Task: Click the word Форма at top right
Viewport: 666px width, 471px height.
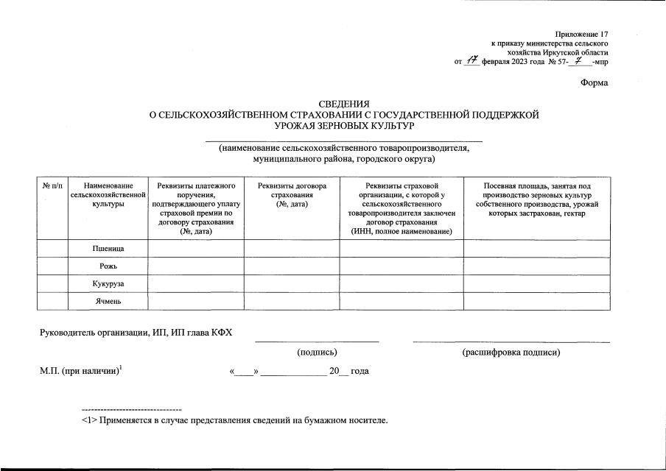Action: click(x=594, y=83)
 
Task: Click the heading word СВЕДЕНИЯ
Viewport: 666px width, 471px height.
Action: click(x=344, y=104)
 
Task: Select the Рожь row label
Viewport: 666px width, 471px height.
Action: click(x=108, y=266)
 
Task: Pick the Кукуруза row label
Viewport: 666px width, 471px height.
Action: click(x=108, y=284)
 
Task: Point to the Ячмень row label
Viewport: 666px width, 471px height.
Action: click(x=108, y=301)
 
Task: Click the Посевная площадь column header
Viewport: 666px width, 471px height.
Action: click(x=536, y=199)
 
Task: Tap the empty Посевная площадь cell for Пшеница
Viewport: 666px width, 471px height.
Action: click(x=536, y=249)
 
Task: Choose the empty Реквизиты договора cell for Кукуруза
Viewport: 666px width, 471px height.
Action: click(x=292, y=283)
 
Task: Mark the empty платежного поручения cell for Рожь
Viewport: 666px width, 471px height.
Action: click(x=196, y=266)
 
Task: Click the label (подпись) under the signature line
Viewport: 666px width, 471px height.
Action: click(x=317, y=353)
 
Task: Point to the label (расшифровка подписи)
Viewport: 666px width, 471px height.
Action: click(x=511, y=353)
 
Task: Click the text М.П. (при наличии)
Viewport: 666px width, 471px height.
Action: click(x=80, y=371)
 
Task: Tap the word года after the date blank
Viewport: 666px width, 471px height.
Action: click(x=360, y=371)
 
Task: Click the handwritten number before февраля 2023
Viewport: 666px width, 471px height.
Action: click(x=473, y=61)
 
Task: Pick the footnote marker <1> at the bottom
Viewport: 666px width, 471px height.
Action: click(x=88, y=421)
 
